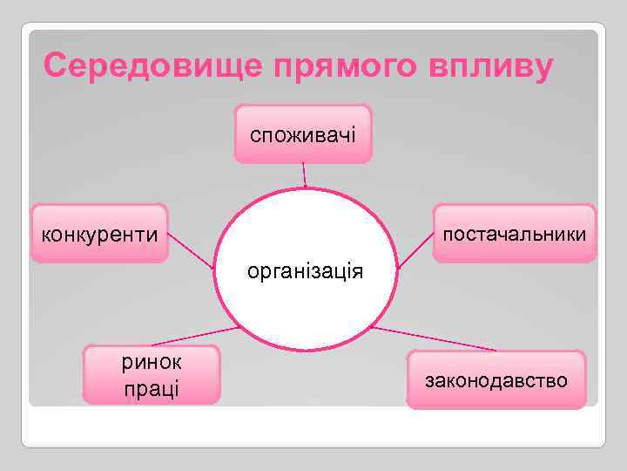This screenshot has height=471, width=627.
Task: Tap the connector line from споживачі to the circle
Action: tap(304, 176)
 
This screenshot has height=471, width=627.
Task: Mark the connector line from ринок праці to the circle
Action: tap(196, 336)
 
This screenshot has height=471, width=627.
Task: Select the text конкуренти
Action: tap(99, 235)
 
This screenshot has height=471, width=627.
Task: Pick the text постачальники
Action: tap(514, 235)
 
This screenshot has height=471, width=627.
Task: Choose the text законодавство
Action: tap(496, 380)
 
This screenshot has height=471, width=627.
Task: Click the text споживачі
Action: tap(302, 135)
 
